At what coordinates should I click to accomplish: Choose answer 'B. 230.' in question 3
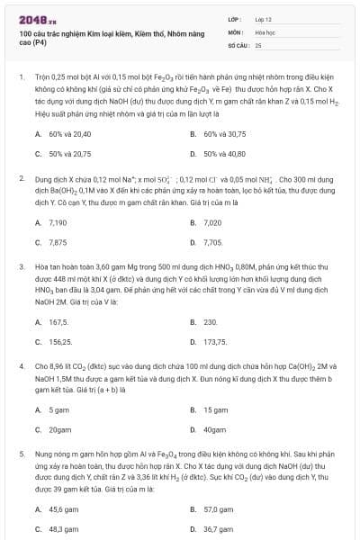pyautogui.click(x=204, y=321)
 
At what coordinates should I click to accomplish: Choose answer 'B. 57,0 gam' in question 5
pyautogui.click(x=211, y=508)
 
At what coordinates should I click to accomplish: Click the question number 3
pyautogui.click(x=21, y=267)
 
